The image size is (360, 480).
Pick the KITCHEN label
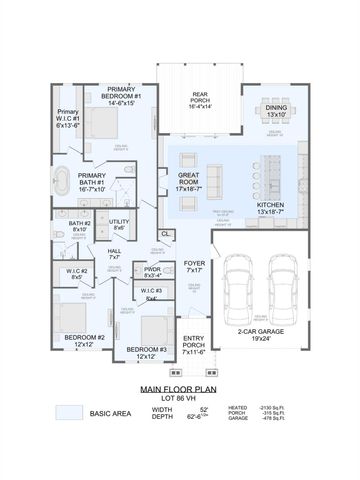coord(271,208)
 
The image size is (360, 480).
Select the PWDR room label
coord(153,271)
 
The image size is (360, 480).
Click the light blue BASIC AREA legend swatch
coord(69,412)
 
